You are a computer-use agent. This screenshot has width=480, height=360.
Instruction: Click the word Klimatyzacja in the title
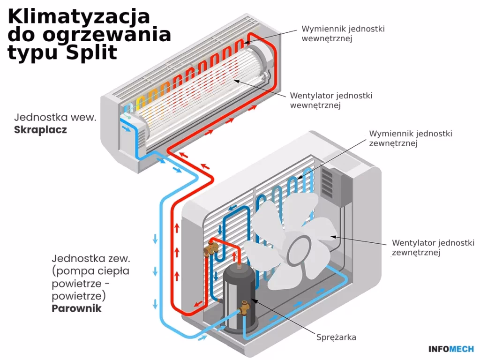point(79,16)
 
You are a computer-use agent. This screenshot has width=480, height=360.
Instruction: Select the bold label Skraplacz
point(40,130)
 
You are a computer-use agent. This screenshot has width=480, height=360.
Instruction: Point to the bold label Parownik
point(77,308)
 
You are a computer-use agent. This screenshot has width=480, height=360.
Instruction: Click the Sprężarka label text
point(336,337)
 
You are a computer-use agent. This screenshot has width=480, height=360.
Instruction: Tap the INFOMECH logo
point(451,349)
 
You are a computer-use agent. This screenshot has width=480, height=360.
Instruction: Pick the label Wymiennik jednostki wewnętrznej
point(343,33)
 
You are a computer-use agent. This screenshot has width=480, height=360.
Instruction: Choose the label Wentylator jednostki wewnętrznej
point(331,100)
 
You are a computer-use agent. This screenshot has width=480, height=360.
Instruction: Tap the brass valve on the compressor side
point(244,307)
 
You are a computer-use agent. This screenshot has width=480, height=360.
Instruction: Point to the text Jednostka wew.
point(55,117)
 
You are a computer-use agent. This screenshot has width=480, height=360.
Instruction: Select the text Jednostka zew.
point(91,258)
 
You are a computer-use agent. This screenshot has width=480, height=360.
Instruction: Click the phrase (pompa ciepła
point(91,271)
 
